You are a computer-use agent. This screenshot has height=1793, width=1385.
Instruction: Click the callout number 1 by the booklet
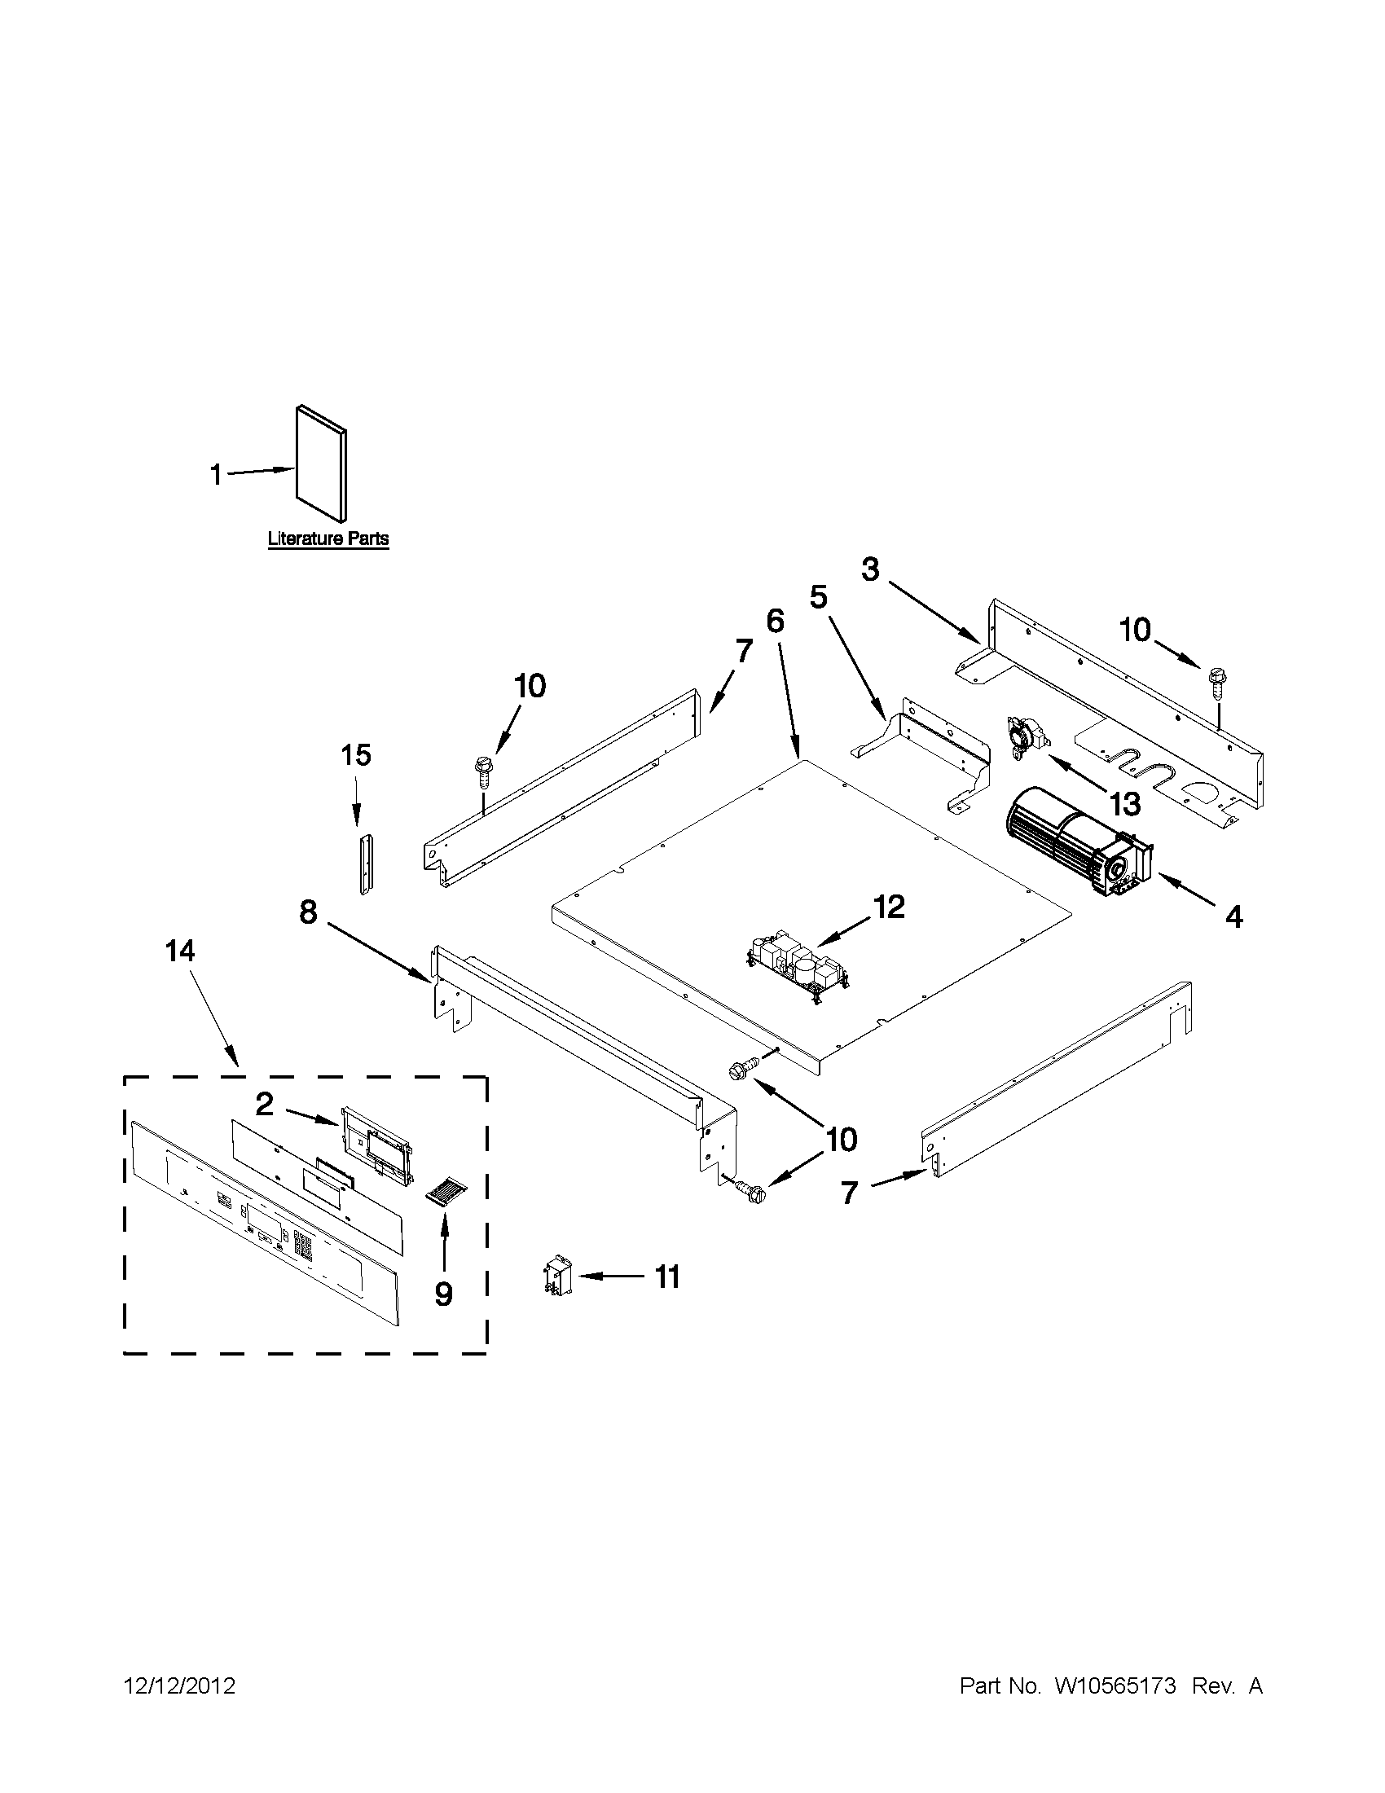pyautogui.click(x=216, y=473)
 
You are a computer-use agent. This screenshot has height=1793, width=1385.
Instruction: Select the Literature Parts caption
pyautogui.click(x=328, y=539)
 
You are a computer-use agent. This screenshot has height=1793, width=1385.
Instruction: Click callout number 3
pyautogui.click(x=870, y=568)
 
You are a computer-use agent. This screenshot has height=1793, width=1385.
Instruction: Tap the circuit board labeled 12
pyautogui.click(x=798, y=969)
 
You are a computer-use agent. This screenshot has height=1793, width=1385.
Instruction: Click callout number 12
pyautogui.click(x=888, y=907)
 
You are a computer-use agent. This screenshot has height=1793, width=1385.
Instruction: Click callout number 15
pyautogui.click(x=355, y=754)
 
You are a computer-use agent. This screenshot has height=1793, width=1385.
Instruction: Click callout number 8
pyautogui.click(x=308, y=912)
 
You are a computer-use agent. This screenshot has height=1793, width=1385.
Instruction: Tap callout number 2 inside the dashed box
pyautogui.click(x=263, y=1104)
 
